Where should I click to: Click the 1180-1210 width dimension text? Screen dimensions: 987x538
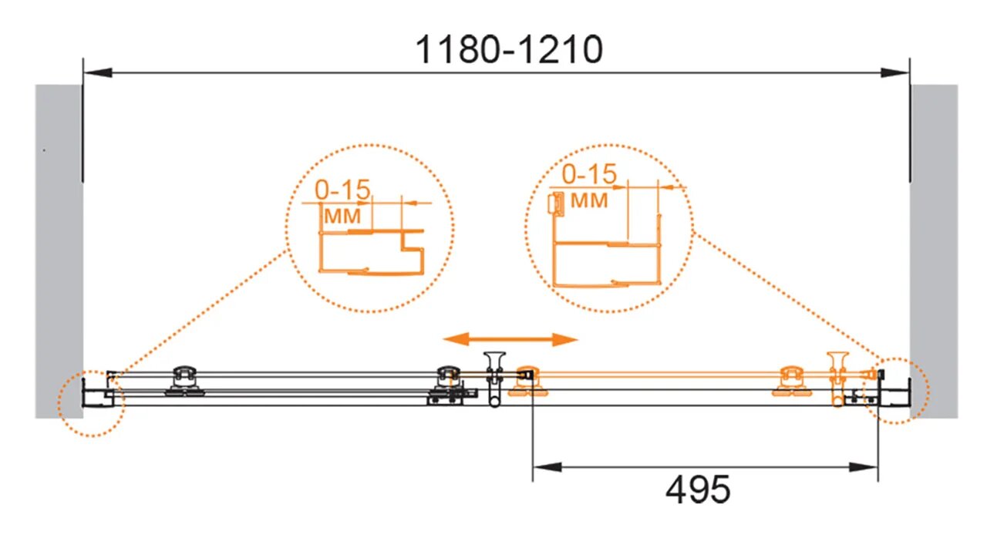[x=509, y=49]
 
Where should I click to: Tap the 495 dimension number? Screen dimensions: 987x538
[x=698, y=489]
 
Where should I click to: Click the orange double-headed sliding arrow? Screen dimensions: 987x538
[x=510, y=339]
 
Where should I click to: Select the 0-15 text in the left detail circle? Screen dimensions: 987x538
[x=343, y=190]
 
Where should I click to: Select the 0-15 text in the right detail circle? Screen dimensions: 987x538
[x=589, y=174]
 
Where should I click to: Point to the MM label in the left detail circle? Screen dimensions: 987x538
[x=342, y=216]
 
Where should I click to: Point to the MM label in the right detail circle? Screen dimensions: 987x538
[x=589, y=200]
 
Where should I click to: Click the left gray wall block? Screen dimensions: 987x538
[x=59, y=251]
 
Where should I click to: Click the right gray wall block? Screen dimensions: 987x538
[x=934, y=251]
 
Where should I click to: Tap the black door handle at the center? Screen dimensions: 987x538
[x=494, y=378]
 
